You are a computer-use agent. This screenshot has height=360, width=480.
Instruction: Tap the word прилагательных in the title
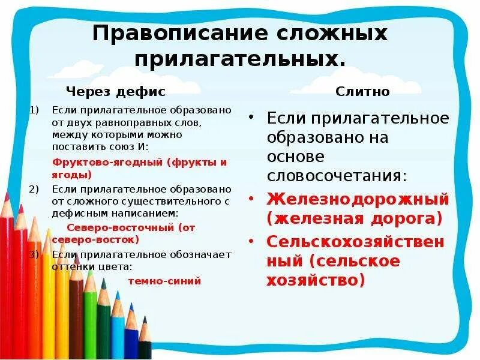coord(240,59)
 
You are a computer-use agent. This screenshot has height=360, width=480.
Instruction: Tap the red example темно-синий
coord(164,280)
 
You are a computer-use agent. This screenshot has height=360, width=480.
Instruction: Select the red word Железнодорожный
coord(358,198)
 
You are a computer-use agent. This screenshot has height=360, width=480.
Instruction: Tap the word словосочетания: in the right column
coord(337,176)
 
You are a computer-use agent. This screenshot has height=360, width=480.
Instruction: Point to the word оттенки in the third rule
coord(71,266)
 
